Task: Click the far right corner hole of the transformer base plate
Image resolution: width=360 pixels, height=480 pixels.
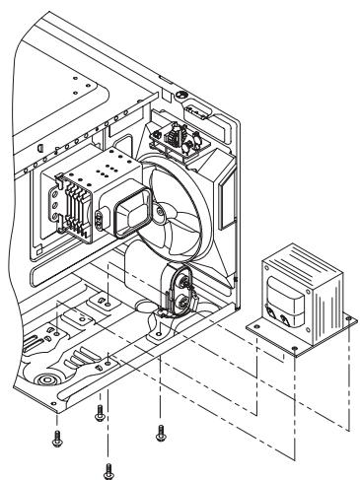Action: pos(348,317)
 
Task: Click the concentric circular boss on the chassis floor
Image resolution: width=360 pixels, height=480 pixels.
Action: pos(44,378)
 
